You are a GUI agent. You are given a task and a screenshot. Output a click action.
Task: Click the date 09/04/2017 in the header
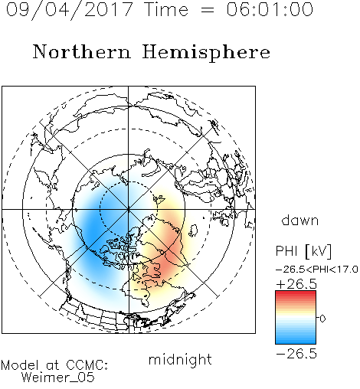coord(69,10)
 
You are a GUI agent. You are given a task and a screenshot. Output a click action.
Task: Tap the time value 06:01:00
coord(270,9)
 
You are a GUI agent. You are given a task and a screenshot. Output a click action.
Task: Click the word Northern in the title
coord(81,52)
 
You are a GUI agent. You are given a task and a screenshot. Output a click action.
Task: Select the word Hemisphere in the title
coord(206,53)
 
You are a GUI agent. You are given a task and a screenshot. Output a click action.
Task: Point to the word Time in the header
coord(166,9)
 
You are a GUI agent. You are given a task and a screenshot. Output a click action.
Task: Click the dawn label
coord(299,220)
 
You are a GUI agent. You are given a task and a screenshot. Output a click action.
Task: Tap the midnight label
coord(180,360)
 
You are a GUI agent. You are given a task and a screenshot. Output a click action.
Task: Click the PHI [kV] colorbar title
coord(303,251)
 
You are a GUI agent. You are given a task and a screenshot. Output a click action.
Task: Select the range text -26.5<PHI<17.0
coord(316,269)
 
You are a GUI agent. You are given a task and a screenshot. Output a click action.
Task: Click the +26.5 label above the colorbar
coord(296,284)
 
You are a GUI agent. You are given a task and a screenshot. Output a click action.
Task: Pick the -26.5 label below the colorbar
coord(296,354)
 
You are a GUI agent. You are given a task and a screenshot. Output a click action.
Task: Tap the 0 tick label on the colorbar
coord(322,319)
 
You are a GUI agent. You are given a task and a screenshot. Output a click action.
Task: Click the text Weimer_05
coord(58,378)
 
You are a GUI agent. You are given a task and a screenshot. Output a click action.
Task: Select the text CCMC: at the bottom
coord(87,365)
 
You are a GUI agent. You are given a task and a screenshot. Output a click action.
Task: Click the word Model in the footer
coord(20,365)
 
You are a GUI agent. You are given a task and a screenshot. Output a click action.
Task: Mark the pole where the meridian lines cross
coord(129,210)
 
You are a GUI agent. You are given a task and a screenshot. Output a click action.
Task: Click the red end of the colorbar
coord(296,293)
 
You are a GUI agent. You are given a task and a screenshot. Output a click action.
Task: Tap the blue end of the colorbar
coord(296,341)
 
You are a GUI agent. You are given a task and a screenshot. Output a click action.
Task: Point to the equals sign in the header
coord(208,10)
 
